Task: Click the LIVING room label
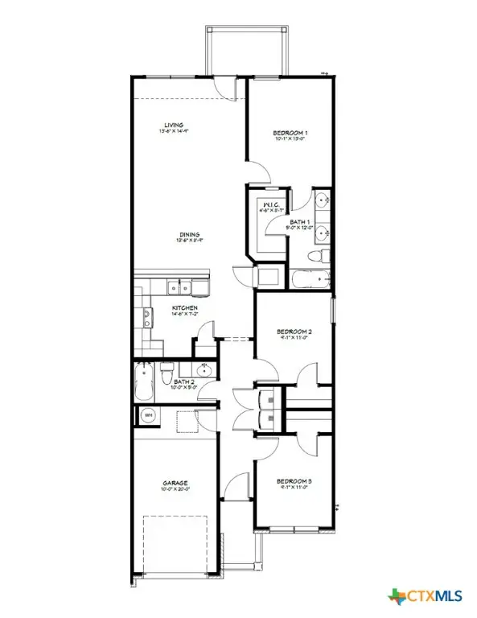coord(175,126)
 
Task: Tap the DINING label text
coord(190,235)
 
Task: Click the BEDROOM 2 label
coord(294,331)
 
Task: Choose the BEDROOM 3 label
coord(294,481)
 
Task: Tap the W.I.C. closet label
coord(270,206)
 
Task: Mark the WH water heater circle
coord(148,416)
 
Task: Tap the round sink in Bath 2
coord(204,370)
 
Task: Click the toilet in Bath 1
coord(320,255)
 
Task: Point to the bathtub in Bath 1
coord(311,280)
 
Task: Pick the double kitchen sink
coord(179,286)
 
